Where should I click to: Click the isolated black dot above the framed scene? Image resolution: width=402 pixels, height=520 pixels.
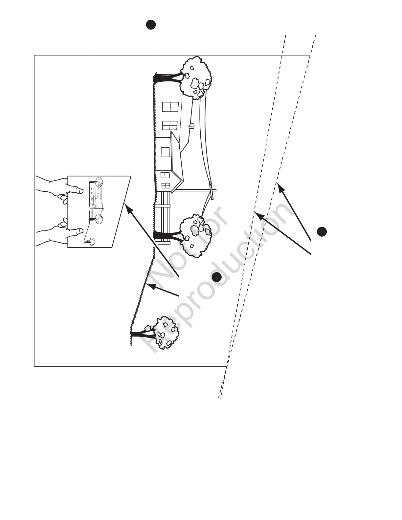pyautogui.click(x=151, y=25)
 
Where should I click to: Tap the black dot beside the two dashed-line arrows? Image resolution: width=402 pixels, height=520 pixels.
pyautogui.click(x=322, y=231)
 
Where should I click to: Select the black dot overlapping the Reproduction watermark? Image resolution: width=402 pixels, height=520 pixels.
pyautogui.click(x=216, y=277)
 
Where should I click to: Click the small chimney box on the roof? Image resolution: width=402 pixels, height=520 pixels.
pyautogui.click(x=192, y=126)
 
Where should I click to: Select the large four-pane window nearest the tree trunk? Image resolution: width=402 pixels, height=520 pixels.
pyautogui.click(x=170, y=107)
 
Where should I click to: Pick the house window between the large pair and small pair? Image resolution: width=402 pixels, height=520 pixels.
pyautogui.click(x=165, y=152)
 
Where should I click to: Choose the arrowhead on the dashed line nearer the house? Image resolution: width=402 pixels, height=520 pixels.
pyautogui.click(x=258, y=215)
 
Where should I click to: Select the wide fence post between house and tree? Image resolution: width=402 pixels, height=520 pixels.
pyautogui.click(x=163, y=206)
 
